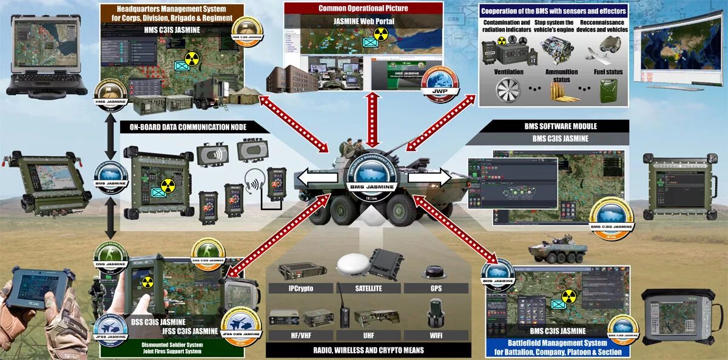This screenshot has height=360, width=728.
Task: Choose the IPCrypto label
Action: point(300,288)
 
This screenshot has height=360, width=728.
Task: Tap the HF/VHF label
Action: point(300,335)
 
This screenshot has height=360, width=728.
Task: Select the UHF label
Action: point(369,335)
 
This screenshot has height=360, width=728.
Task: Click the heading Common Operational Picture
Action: point(363,8)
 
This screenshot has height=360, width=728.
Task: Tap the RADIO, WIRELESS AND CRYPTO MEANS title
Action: point(368,350)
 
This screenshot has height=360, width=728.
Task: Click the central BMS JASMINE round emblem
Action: point(371,177)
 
